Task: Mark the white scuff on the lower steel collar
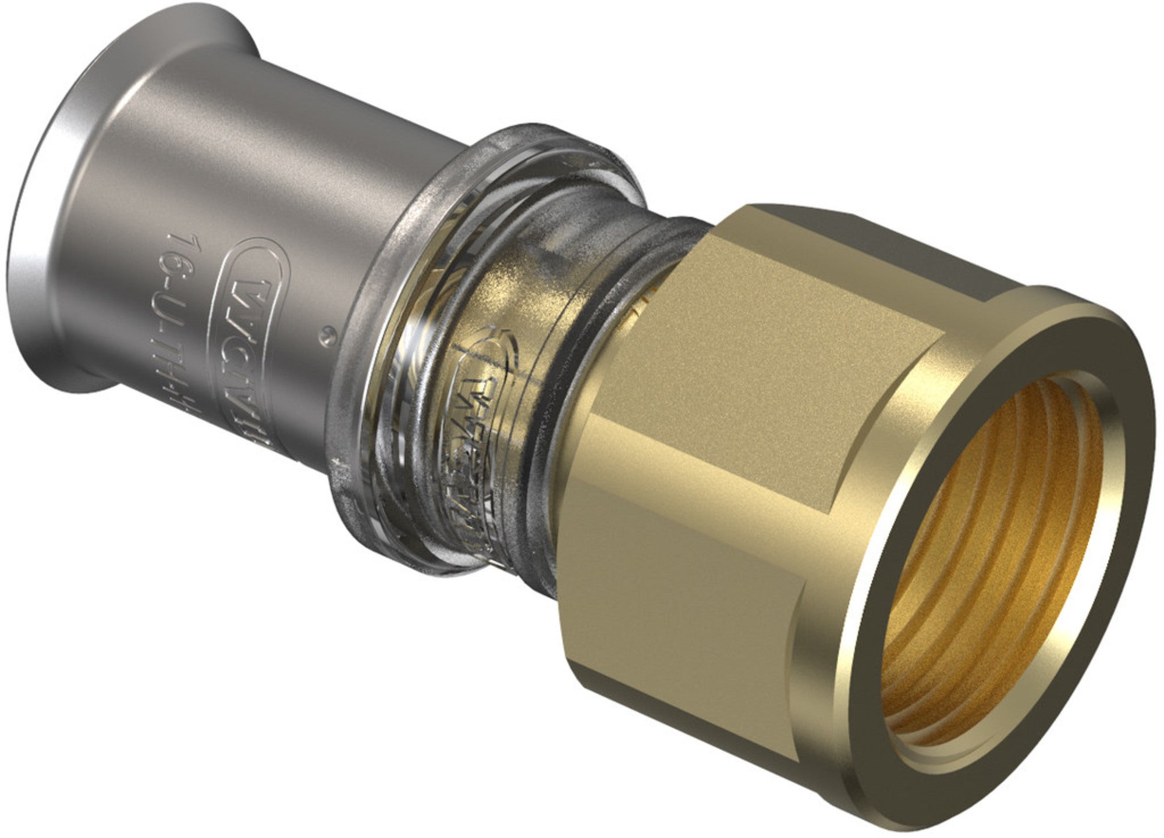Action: click(x=336, y=465)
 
